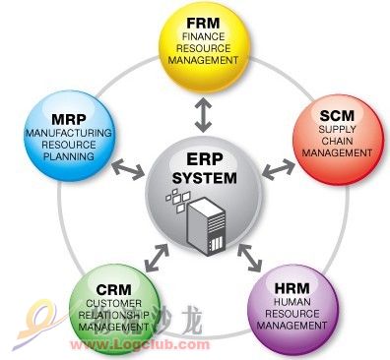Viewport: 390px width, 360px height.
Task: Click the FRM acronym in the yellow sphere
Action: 203,24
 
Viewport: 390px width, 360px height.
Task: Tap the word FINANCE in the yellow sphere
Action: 203,36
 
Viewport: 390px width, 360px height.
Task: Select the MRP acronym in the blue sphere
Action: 69,120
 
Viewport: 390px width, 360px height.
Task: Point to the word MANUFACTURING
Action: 69,133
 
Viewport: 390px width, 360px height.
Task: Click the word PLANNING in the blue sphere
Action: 69,156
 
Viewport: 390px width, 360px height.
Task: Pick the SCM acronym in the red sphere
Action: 337,116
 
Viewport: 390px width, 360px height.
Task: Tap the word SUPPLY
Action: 337,129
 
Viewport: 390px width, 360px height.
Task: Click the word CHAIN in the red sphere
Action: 337,141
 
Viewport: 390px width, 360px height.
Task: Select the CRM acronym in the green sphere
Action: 113,290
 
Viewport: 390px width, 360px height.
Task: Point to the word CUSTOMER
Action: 114,303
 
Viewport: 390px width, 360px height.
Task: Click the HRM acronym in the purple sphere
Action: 292,288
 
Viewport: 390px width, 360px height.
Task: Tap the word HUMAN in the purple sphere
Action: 292,302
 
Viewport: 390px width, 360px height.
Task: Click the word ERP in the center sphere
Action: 204,159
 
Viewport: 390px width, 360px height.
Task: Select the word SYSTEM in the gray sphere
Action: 204,178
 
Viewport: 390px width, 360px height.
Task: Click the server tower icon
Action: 206,226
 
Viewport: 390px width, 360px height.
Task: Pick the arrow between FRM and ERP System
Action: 203,115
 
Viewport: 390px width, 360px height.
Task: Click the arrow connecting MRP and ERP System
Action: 128,169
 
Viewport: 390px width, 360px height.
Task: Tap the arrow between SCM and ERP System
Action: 279,169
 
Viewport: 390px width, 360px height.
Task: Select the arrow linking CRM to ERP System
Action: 157,258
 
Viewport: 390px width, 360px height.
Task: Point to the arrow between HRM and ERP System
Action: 249,258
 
